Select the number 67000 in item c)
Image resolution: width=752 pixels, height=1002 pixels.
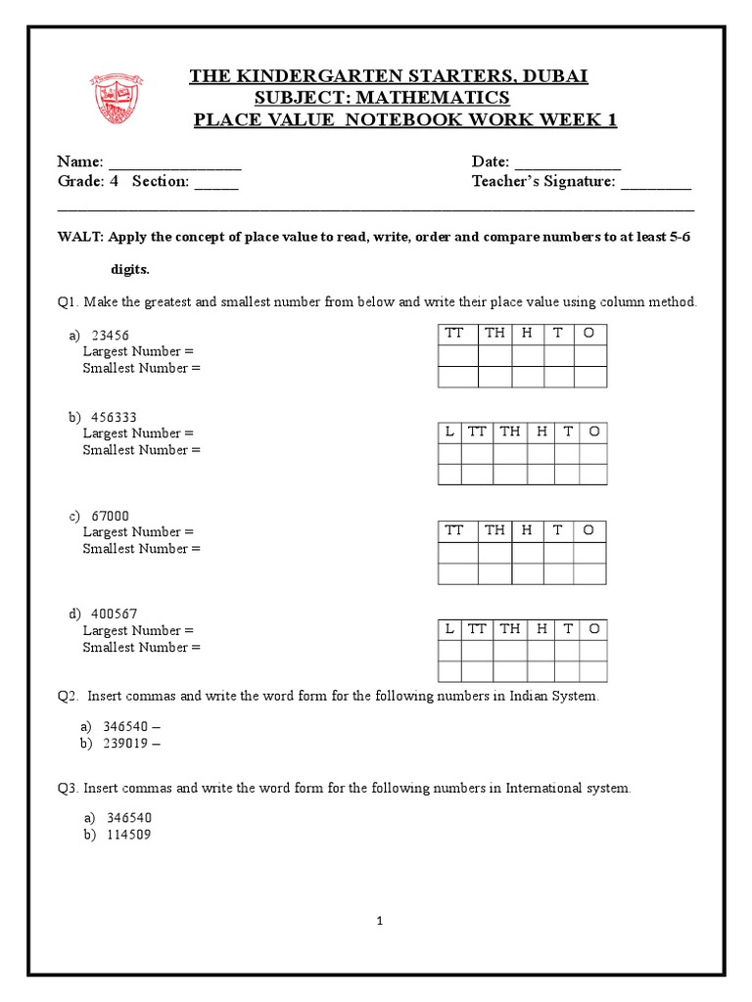(x=109, y=516)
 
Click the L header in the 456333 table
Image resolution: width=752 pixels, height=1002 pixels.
(x=449, y=432)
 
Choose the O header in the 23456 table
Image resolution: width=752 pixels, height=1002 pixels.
(x=589, y=333)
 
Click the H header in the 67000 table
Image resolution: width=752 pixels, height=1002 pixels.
(x=527, y=529)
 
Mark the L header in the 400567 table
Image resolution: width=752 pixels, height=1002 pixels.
(x=449, y=628)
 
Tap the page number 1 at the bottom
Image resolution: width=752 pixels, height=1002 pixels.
(x=377, y=921)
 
